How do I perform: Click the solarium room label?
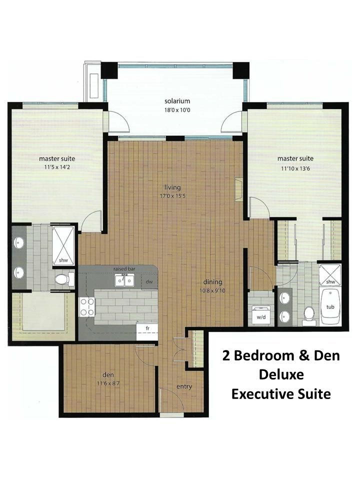[177, 101]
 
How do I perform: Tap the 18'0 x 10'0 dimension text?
[177, 110]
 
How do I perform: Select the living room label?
[172, 187]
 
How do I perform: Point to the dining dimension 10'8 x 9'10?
[212, 290]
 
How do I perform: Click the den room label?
[108, 374]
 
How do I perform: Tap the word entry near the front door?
[184, 387]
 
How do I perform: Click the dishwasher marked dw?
[149, 282]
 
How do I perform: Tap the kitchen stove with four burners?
[87, 307]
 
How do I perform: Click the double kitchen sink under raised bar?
[124, 280]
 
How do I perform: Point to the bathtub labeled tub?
[330, 306]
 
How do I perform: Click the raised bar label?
[124, 269]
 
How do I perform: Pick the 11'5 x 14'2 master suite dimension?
[57, 167]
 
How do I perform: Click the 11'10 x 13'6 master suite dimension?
[295, 168]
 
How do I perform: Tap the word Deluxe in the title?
[281, 374]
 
